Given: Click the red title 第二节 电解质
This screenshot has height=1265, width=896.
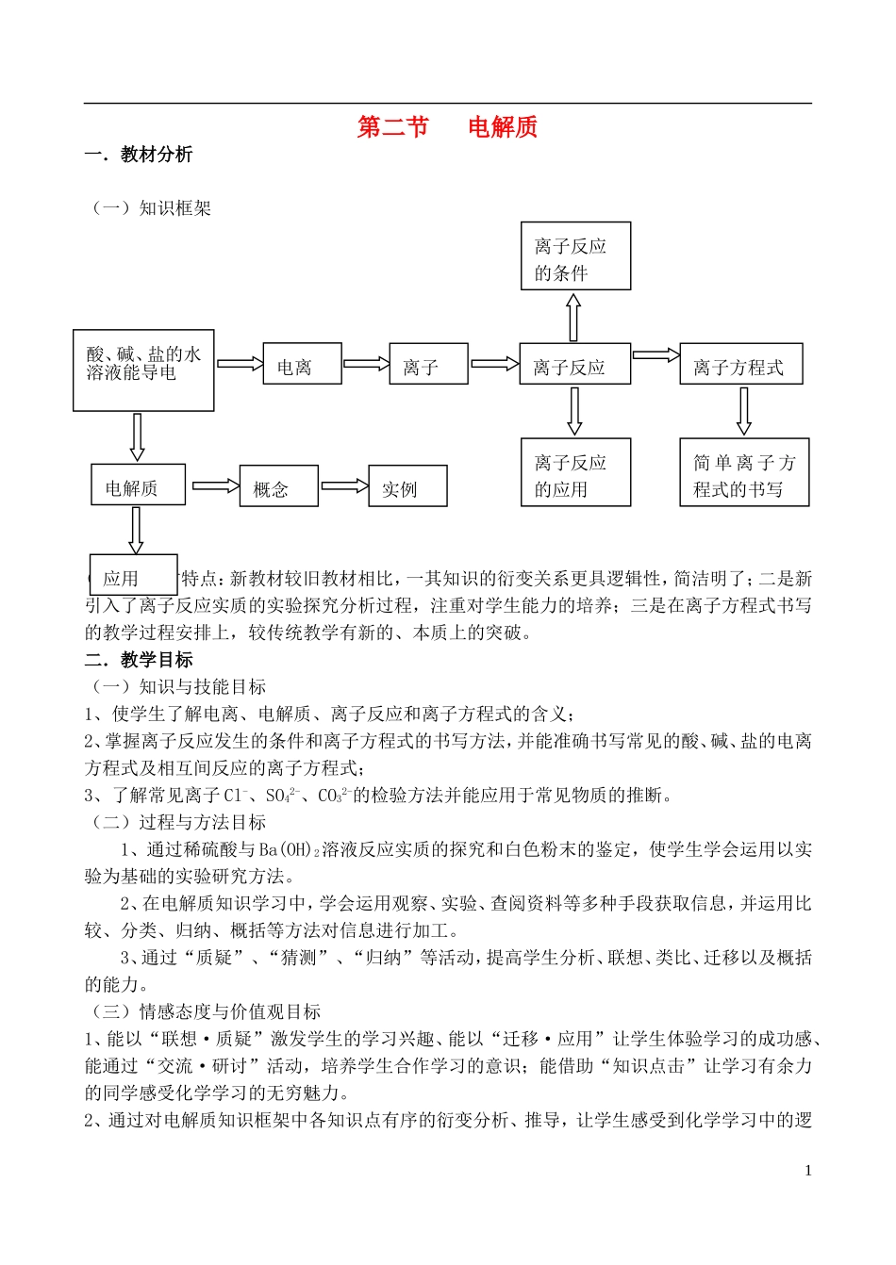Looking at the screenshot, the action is pos(447,126).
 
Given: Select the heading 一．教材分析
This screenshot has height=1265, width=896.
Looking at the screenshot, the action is pos(139,155).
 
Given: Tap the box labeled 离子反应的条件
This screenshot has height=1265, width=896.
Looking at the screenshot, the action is pos(575,256).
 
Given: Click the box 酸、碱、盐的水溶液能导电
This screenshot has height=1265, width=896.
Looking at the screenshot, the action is pos(143,370).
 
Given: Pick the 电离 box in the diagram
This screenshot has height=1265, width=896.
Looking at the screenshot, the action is pos(302,364).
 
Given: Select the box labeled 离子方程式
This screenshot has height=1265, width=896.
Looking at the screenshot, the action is pos(740,364).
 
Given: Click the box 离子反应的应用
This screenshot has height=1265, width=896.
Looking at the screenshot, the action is pos(575,472).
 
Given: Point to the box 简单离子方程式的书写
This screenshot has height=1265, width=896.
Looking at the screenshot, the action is pos(744,472).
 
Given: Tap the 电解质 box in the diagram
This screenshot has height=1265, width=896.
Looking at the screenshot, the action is pos(138,485).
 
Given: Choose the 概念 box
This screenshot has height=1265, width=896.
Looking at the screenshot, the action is pos(278,486).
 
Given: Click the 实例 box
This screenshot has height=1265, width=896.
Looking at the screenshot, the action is pos(407,486).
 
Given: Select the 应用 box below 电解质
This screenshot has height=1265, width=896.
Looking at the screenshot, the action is pos(133,575).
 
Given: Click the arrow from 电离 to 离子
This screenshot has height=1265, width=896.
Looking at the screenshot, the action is pos(366,363).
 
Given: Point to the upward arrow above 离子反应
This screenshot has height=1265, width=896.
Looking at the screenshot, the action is pos(573,318).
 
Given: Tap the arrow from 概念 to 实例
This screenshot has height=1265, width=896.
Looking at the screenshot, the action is pos(344,485).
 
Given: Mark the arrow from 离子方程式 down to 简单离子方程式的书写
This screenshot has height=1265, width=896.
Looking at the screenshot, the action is pos(743,411).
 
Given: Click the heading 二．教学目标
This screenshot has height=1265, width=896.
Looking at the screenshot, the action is pos(139,660).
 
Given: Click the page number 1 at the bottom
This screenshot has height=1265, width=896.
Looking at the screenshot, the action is pos(807,1171).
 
